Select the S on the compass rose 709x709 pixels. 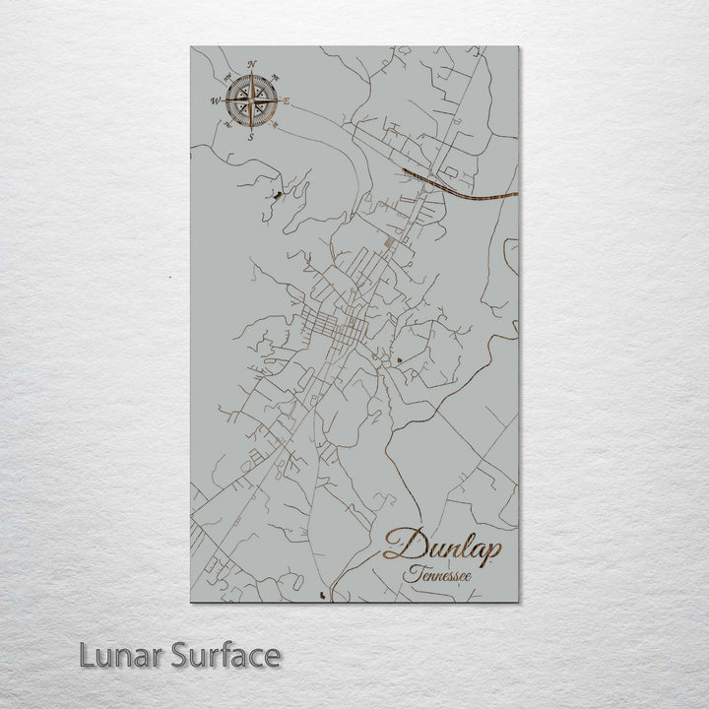[250, 137]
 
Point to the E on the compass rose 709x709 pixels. [287, 100]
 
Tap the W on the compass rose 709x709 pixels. [216, 100]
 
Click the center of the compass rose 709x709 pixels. [251, 100]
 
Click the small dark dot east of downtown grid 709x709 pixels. [399, 361]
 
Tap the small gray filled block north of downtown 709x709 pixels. [389, 241]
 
